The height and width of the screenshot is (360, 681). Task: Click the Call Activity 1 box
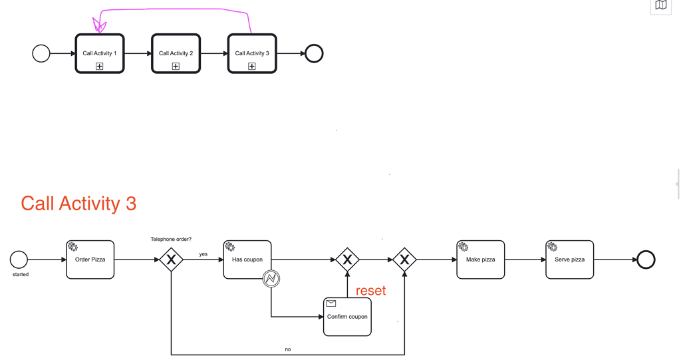click(100, 53)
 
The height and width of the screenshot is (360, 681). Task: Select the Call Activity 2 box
click(176, 53)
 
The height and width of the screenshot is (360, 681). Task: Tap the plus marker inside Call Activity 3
click(252, 67)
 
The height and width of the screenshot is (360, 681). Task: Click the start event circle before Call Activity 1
click(41, 53)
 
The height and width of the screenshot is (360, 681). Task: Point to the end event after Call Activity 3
click(314, 53)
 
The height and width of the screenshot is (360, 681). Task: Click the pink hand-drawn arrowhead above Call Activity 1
click(99, 26)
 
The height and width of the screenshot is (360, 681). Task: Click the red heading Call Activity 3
click(78, 204)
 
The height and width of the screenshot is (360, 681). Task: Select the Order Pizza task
click(90, 260)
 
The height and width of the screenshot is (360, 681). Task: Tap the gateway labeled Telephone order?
click(172, 260)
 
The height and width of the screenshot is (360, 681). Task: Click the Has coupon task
click(247, 260)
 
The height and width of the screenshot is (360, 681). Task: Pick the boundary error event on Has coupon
click(271, 278)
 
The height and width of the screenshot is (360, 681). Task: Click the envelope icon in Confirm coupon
click(331, 303)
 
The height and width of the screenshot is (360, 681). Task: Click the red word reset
click(370, 291)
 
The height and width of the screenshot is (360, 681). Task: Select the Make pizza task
click(481, 260)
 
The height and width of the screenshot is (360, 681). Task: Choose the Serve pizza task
click(570, 260)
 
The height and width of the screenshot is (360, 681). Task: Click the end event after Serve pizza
click(646, 260)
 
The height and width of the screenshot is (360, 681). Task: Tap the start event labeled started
click(19, 260)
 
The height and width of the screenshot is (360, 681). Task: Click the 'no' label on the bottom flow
click(288, 349)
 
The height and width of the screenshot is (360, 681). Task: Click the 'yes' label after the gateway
click(204, 254)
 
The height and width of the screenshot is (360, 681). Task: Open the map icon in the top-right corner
click(660, 6)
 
